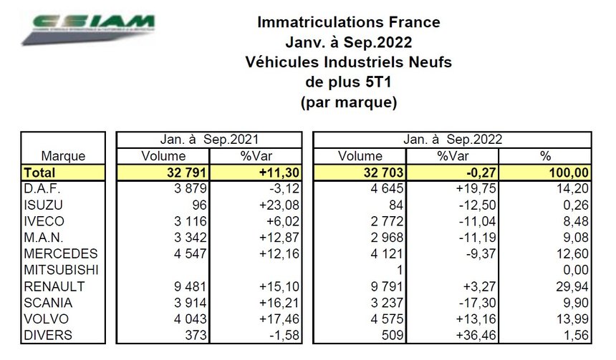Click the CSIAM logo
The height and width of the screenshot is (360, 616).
click(x=90, y=29)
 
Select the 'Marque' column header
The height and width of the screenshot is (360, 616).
click(x=64, y=155)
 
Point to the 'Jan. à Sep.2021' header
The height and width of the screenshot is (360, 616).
click(x=209, y=140)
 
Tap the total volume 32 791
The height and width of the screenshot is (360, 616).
click(x=183, y=172)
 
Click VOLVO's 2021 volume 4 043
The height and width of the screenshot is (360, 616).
click(x=188, y=318)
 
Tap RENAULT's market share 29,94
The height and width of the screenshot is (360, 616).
click(x=572, y=286)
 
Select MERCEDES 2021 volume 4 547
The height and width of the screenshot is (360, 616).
click(x=188, y=254)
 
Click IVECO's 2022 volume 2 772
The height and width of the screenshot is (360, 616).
click(x=390, y=222)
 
